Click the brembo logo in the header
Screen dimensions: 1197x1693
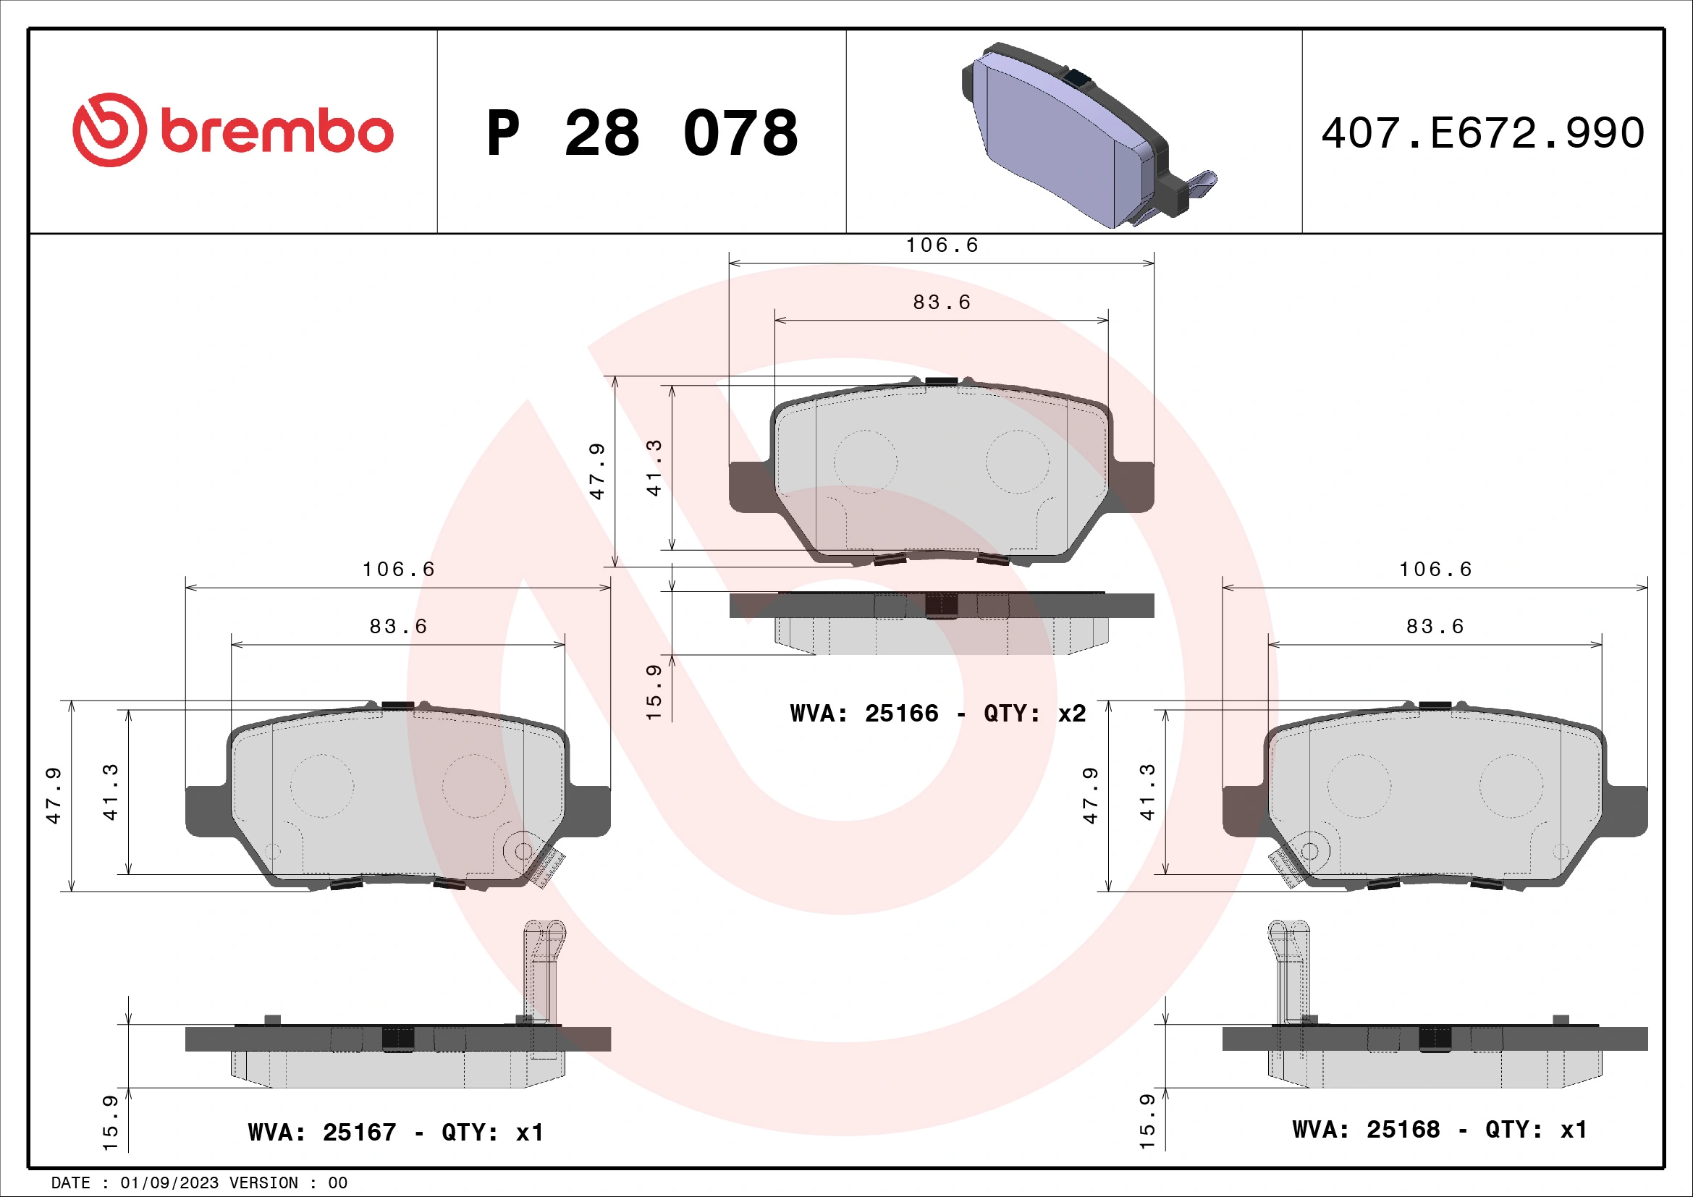point(232,130)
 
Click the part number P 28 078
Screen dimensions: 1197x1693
point(641,133)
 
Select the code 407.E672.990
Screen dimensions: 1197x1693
point(1482,133)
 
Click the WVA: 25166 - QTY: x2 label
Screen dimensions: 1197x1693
point(937,714)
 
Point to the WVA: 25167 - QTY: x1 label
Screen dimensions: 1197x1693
point(395,1132)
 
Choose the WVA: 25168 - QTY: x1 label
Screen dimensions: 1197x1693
point(1439,1129)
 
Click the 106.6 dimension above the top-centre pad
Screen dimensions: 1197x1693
point(942,245)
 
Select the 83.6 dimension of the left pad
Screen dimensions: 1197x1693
point(398,627)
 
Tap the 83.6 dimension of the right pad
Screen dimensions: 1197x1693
point(1435,627)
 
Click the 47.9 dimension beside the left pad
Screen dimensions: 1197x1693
point(54,795)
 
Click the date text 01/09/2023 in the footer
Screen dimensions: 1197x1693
point(169,1183)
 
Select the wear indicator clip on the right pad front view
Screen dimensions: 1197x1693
point(1286,868)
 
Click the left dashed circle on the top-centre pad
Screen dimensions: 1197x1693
point(865,462)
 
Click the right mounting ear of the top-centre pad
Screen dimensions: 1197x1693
point(1133,486)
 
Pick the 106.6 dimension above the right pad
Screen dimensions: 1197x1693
point(1435,569)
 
